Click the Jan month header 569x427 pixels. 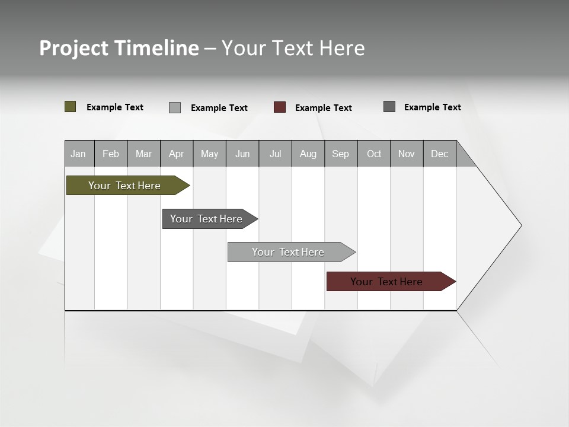coord(79,154)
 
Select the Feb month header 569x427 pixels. coord(111,154)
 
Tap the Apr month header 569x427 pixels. coord(176,154)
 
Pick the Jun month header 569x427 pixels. coord(242,154)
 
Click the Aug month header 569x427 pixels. coord(308,154)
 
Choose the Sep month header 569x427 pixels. coord(341,154)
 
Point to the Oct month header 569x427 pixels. coord(374,154)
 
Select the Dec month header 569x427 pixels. coord(440,154)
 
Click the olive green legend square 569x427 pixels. coord(71,107)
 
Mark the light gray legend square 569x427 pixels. coord(175,107)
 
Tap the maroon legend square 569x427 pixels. coord(280,107)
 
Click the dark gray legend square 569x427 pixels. coord(389,107)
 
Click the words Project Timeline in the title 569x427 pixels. coord(119,48)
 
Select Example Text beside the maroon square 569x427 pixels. coord(324,108)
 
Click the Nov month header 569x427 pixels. coord(407,154)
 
